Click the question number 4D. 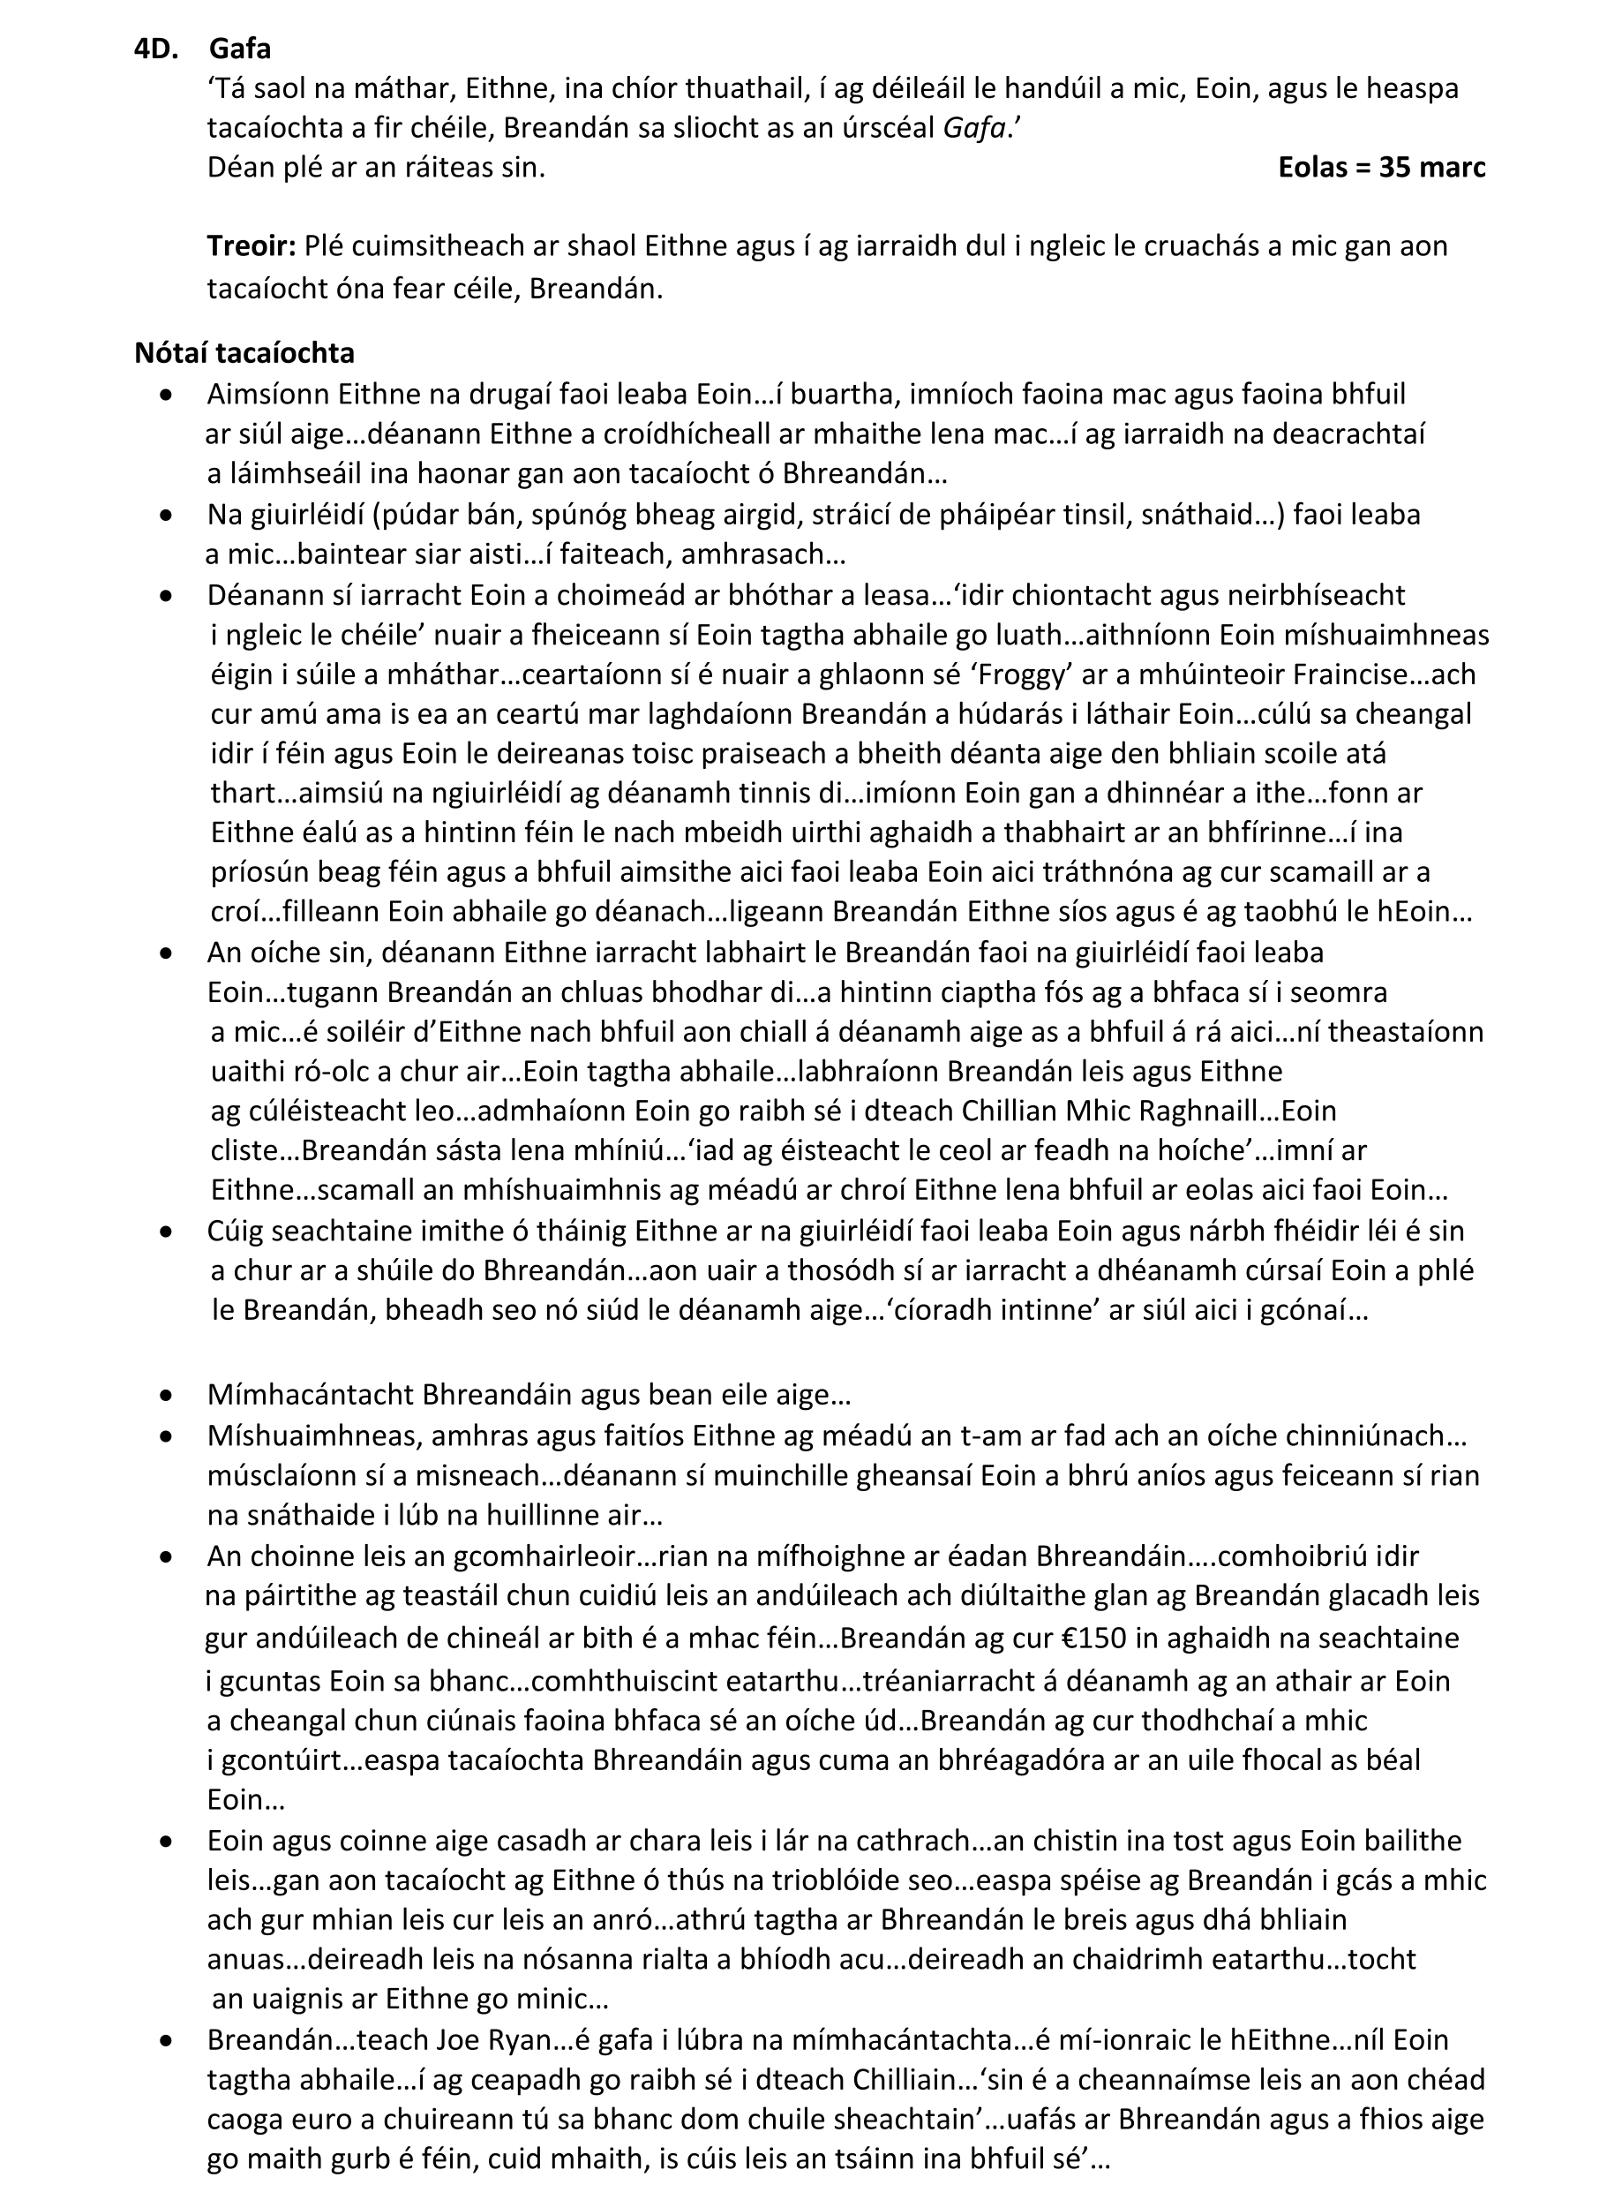[155, 49]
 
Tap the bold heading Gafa [239, 49]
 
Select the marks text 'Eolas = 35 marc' [1381, 168]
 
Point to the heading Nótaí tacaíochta [244, 352]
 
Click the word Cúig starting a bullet [235, 1230]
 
